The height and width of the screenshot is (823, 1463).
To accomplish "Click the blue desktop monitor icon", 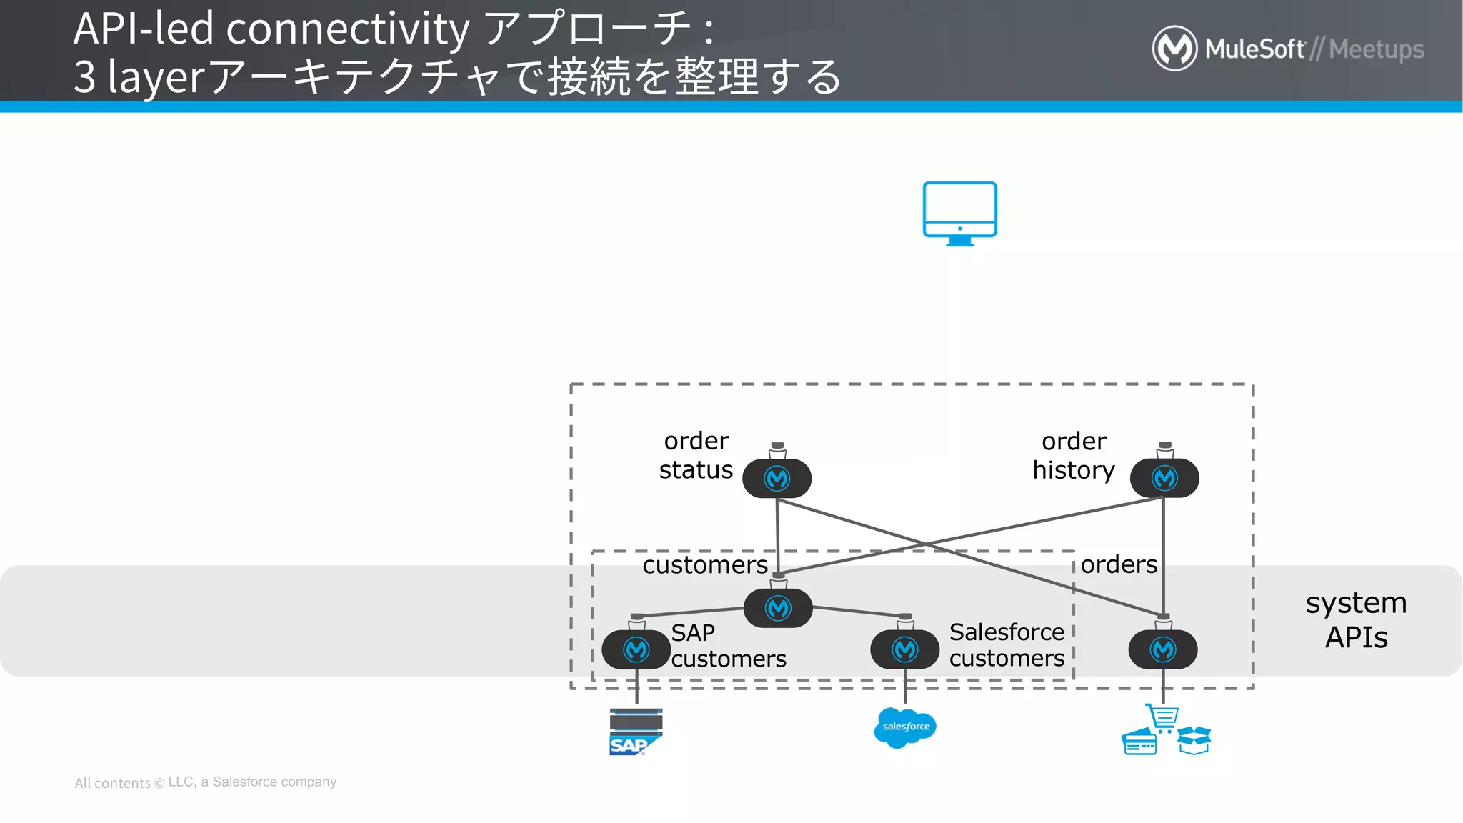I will click(x=959, y=212).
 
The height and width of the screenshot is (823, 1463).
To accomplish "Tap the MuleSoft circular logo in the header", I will click(x=1174, y=49).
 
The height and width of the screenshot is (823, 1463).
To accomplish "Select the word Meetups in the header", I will click(x=1376, y=49).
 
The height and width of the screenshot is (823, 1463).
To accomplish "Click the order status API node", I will click(x=777, y=478).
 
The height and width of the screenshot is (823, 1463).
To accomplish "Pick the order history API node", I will click(x=1164, y=478).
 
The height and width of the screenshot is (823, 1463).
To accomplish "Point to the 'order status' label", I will click(x=696, y=455).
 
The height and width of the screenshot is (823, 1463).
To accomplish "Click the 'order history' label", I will click(x=1073, y=455).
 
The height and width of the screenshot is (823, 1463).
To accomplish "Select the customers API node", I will click(x=778, y=608).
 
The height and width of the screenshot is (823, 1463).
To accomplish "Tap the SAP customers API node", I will click(x=636, y=649).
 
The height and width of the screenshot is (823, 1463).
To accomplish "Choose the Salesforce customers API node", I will click(x=904, y=649).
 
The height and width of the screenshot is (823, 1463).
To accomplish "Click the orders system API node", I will click(x=1163, y=649).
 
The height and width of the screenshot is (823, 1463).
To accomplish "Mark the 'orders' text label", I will click(x=1119, y=564).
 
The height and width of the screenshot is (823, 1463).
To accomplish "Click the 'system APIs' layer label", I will click(x=1356, y=619).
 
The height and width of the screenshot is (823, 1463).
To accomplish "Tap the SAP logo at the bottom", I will click(x=635, y=732).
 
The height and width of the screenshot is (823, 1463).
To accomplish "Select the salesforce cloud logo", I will click(x=904, y=727).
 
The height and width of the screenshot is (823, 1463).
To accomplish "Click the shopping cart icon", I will click(x=1163, y=717).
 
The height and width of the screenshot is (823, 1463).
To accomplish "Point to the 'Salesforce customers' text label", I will click(x=1006, y=644).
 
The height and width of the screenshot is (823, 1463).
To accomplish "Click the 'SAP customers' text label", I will click(x=728, y=645).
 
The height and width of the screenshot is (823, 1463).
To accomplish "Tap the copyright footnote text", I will click(x=205, y=782).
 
